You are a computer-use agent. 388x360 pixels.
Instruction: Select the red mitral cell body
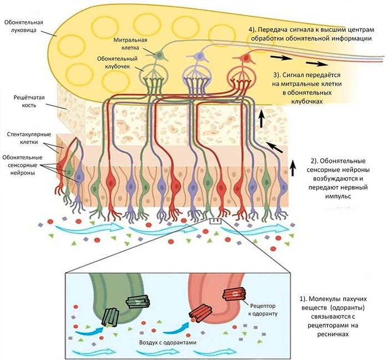pos(244,56)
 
